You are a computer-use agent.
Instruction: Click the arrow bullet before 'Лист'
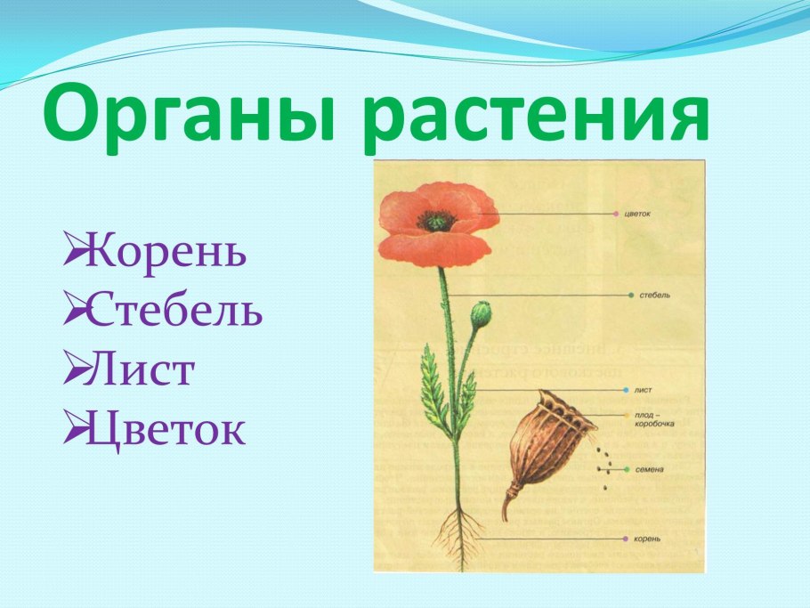coord(74,371)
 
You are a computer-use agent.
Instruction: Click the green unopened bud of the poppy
coord(481,313)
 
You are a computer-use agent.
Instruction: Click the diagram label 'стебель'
coord(655,295)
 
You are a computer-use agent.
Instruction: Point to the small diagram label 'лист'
coord(643,391)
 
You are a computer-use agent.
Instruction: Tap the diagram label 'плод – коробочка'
coord(654,419)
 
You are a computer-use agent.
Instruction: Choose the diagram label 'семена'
coord(651,469)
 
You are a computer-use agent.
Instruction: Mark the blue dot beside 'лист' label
coord(627,391)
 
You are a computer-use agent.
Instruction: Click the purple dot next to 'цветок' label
coord(616,215)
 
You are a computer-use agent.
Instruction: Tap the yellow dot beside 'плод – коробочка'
coord(627,415)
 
